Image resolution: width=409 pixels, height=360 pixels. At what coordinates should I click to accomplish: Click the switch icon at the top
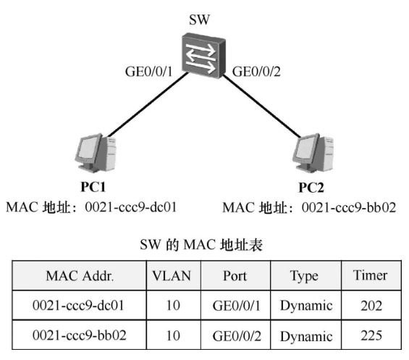(203, 55)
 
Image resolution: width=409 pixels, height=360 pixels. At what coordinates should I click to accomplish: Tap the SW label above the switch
(199, 20)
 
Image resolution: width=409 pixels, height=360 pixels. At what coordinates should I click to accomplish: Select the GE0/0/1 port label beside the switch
(148, 72)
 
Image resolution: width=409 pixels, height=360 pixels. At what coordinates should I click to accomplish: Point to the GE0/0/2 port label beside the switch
(256, 72)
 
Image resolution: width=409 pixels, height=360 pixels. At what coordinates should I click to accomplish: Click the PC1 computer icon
(95, 153)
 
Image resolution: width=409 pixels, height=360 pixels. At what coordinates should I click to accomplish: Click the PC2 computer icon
(313, 153)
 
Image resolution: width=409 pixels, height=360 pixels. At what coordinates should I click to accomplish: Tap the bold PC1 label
(93, 187)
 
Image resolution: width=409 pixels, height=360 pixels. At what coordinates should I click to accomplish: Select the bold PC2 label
(311, 188)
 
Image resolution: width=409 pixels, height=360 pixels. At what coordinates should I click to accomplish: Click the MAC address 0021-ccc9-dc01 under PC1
(131, 207)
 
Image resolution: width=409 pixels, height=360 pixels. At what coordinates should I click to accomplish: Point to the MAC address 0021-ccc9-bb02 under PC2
(349, 208)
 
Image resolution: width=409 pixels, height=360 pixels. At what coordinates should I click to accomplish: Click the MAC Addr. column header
(80, 276)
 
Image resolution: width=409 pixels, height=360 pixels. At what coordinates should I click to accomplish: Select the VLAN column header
(172, 276)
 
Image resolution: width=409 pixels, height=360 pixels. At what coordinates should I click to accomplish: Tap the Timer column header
(370, 275)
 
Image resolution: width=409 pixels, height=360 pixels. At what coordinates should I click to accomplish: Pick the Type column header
(304, 276)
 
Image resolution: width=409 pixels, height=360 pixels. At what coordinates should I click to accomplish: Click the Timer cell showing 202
(371, 305)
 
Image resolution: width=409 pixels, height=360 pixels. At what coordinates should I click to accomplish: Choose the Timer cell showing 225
(371, 335)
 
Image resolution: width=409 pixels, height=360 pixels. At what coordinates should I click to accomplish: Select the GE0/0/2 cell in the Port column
(237, 335)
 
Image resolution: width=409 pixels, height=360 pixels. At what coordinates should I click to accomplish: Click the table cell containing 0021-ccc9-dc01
(78, 305)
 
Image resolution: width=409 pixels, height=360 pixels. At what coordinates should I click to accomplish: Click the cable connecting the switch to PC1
(148, 105)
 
